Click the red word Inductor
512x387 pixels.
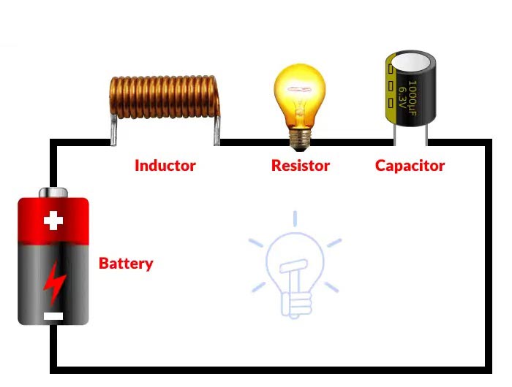[165, 166]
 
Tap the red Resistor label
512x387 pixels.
[300, 166]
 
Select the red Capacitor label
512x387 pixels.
[410, 166]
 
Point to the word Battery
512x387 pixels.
[126, 264]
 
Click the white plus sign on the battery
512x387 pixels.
[53, 221]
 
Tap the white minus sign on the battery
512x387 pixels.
[53, 316]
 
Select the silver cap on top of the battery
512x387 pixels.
[53, 193]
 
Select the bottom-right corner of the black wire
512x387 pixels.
[486, 367]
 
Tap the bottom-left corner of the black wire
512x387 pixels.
[53, 367]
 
